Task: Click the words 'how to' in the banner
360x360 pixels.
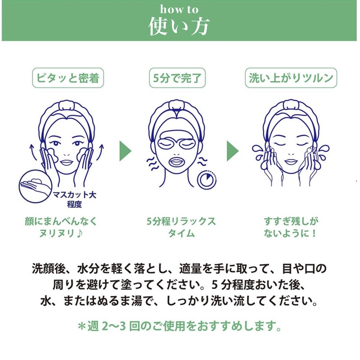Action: [179, 9]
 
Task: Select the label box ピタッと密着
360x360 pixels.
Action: [68, 78]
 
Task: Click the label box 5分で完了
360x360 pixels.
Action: [178, 78]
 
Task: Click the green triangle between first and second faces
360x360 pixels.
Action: [125, 151]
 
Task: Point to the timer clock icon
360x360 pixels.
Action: [206, 179]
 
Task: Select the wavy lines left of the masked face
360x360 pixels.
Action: [152, 163]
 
